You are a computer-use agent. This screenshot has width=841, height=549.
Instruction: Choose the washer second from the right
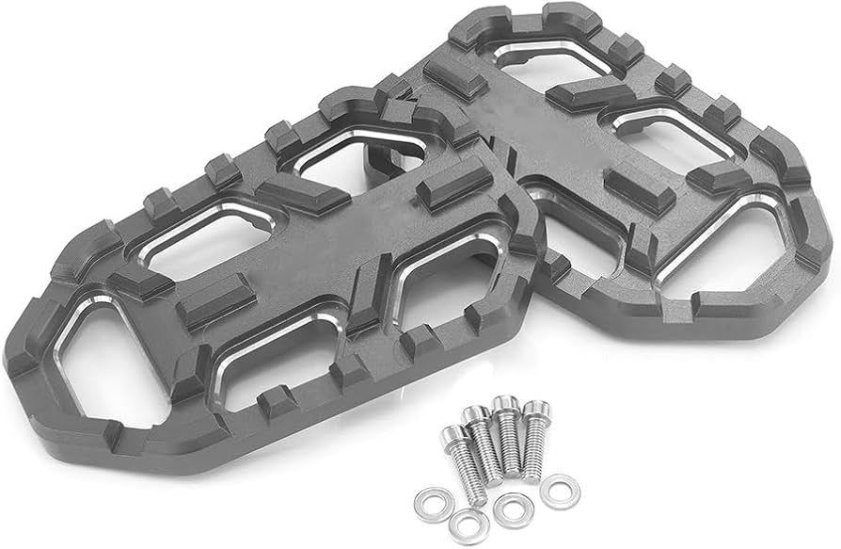(514, 509)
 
